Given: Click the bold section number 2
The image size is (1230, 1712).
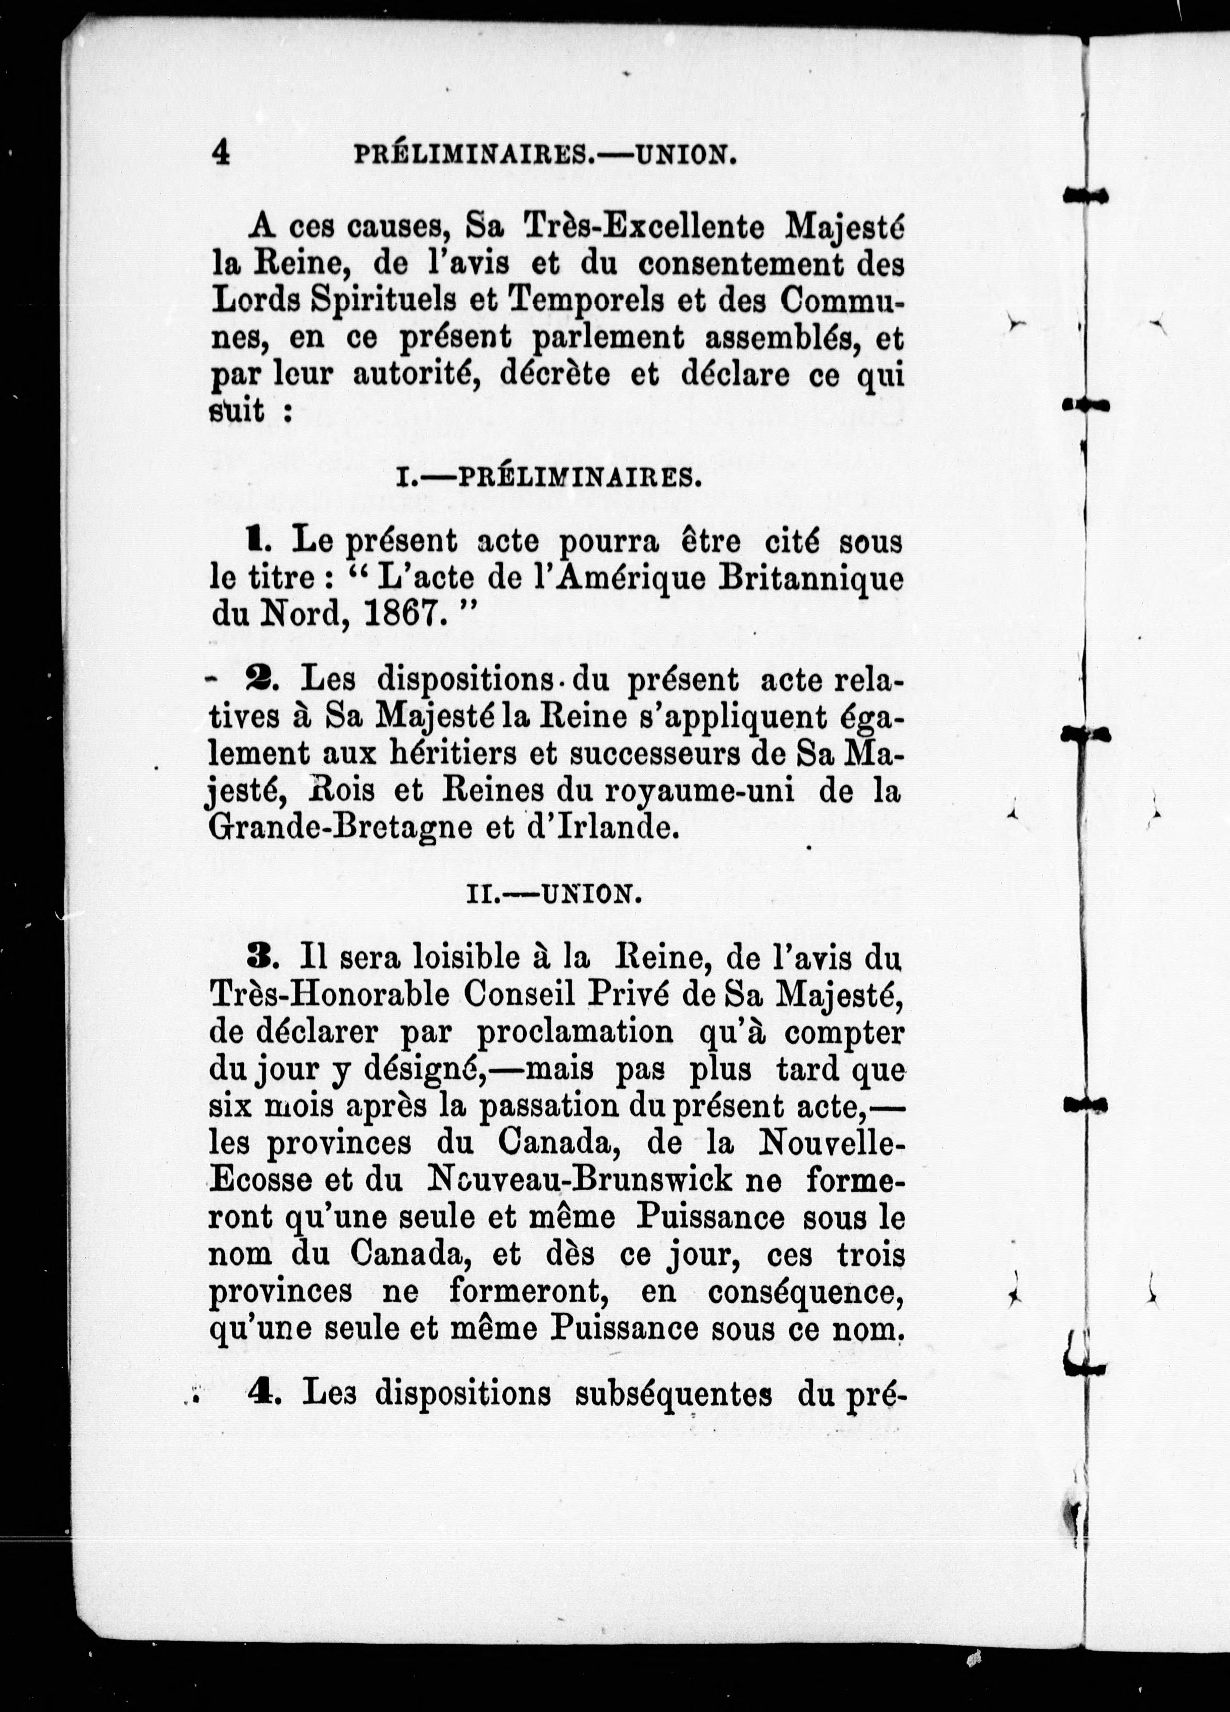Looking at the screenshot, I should point(263,680).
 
